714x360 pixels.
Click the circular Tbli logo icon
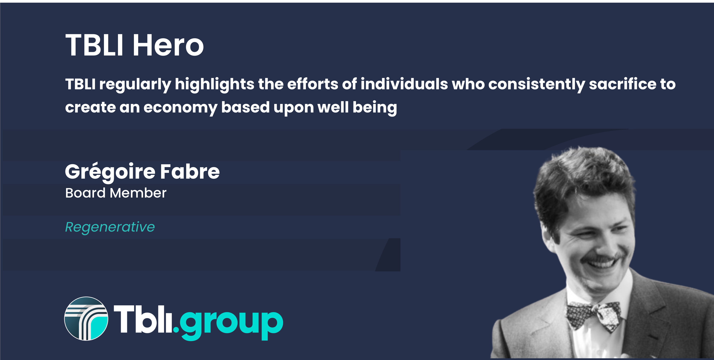(86, 319)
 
